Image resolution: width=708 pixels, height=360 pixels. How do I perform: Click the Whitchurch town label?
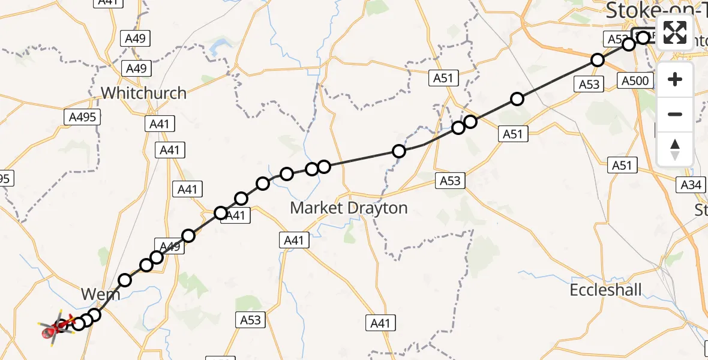(143, 93)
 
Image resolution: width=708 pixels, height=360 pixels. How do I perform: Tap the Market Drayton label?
(349, 208)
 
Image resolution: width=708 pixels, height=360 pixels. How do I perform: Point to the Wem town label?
(100, 295)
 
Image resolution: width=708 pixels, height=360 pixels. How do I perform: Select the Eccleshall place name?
(605, 290)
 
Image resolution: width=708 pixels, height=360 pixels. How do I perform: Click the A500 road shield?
(635, 81)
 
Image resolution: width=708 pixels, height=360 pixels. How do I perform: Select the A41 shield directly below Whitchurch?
(159, 124)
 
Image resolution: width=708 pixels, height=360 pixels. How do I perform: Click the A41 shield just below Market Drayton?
(294, 241)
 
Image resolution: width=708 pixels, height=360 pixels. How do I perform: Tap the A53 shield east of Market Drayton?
(450, 181)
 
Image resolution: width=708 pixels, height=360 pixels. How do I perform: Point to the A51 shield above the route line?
(443, 78)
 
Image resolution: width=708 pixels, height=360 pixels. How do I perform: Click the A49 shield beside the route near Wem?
(169, 245)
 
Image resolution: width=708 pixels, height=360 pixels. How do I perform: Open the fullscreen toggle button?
(675, 32)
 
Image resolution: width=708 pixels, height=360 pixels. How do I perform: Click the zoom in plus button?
(675, 79)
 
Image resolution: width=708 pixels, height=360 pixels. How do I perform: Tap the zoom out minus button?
(675, 114)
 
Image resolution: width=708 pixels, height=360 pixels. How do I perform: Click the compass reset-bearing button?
(675, 149)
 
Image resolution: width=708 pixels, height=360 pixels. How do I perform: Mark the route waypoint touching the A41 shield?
(221, 213)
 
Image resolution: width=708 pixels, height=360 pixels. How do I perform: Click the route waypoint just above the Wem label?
(125, 280)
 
